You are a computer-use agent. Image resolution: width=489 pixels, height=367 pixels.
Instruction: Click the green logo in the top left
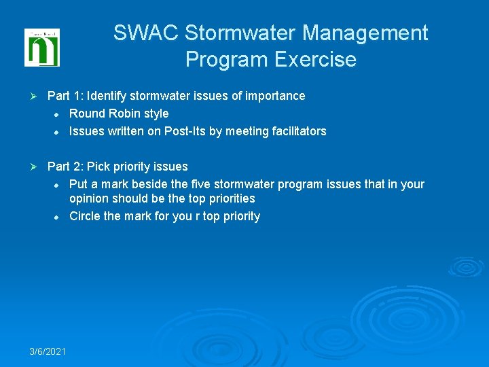pyautogui.click(x=42, y=48)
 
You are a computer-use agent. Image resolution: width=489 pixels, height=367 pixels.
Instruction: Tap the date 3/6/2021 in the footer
pyautogui.click(x=48, y=351)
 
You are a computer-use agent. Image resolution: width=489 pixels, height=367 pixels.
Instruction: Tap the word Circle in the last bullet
pyautogui.click(x=85, y=216)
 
